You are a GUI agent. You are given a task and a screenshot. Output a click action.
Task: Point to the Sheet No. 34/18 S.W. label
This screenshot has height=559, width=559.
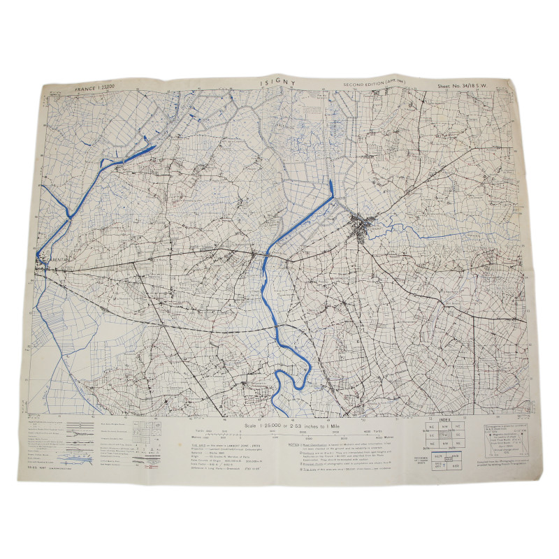click(463, 87)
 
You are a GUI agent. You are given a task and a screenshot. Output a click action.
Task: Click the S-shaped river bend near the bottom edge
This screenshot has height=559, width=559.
click(288, 382)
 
